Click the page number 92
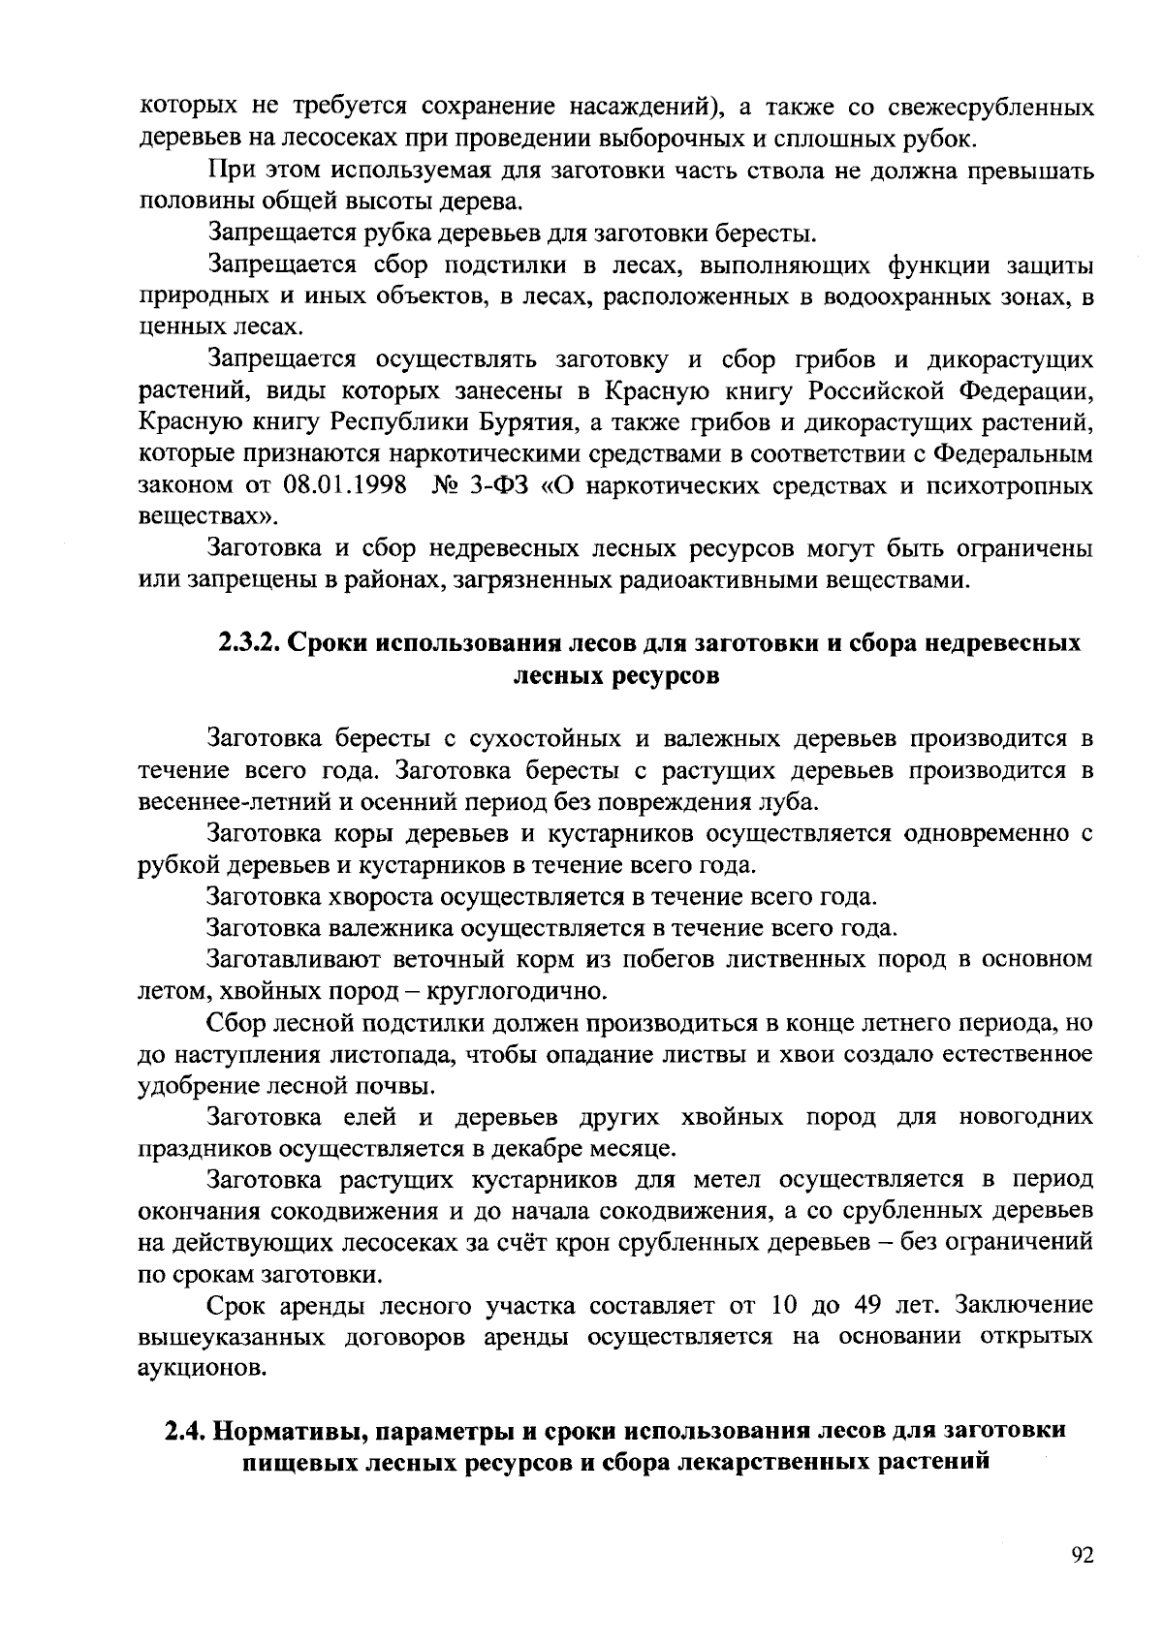pyautogui.click(x=1083, y=1556)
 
